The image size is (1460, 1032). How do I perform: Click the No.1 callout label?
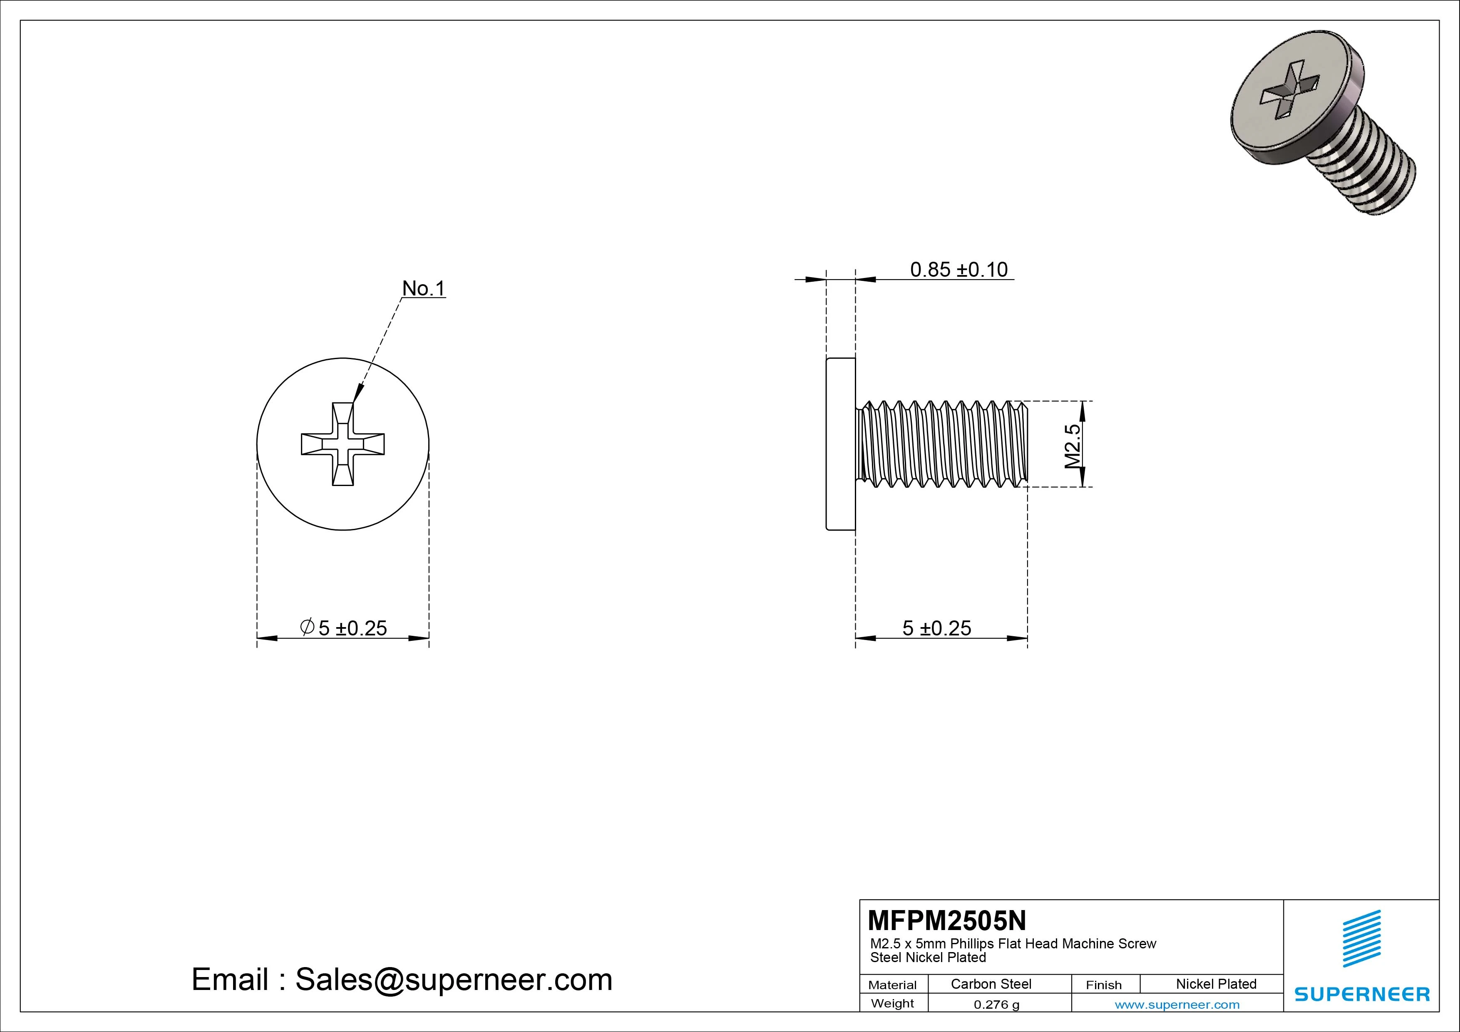tap(424, 289)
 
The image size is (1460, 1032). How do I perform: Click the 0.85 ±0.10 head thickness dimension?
tap(958, 270)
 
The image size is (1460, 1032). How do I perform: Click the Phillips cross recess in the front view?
tap(343, 444)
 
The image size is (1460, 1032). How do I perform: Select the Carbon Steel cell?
tap(991, 984)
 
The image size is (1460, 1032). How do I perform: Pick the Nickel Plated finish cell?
tap(1216, 984)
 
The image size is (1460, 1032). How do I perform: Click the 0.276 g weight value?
tap(996, 1005)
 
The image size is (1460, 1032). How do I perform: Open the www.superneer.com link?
tap(1177, 1005)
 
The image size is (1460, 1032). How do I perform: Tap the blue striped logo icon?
tap(1361, 938)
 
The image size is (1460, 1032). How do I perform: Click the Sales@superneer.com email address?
tap(453, 979)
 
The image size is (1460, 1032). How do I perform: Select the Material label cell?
tap(892, 984)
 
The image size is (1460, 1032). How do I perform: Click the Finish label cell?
tap(1103, 984)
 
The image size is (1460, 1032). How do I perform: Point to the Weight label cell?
tap(892, 1003)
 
